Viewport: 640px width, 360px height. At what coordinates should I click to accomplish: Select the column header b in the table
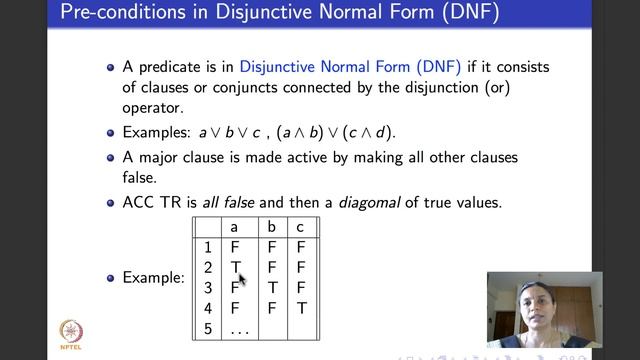click(x=273, y=227)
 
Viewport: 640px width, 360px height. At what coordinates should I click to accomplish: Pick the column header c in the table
click(x=301, y=227)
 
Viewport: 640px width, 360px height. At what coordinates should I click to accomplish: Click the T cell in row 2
click(x=236, y=267)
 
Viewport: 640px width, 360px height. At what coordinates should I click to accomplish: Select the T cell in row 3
click(x=273, y=288)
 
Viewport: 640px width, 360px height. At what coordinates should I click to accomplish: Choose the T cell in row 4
click(x=301, y=308)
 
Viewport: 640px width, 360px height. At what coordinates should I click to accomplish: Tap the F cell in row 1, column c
click(x=301, y=247)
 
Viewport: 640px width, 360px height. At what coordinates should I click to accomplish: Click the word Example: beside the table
click(x=153, y=277)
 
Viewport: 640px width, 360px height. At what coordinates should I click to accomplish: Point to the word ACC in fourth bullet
click(x=139, y=202)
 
